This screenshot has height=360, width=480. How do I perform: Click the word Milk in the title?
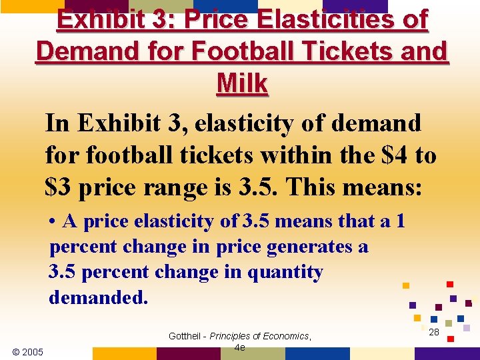[x=243, y=84]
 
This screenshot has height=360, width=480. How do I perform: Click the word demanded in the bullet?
[x=98, y=297]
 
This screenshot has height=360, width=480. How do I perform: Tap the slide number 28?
[x=434, y=331]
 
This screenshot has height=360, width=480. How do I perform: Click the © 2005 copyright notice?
[x=28, y=351]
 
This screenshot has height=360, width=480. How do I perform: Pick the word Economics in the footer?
[x=286, y=336]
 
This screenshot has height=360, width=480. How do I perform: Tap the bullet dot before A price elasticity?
[x=53, y=221]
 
